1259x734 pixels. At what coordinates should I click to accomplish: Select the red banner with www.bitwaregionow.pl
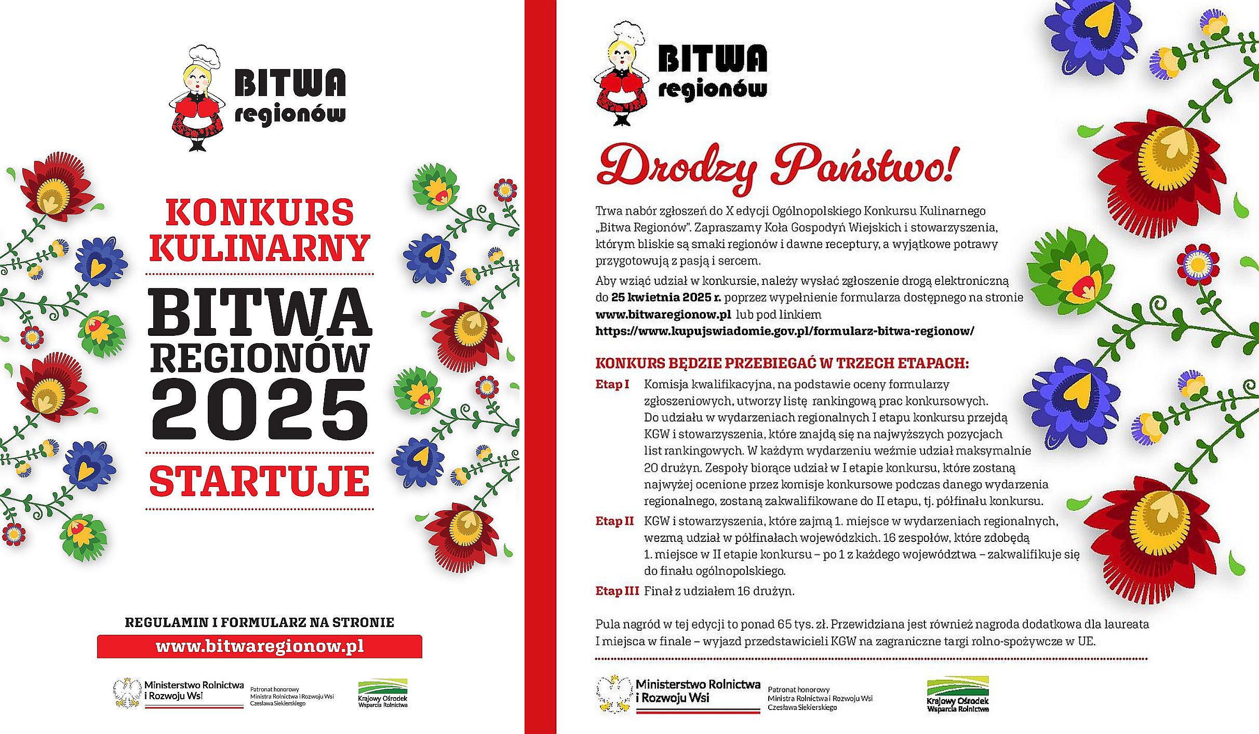[x=260, y=647]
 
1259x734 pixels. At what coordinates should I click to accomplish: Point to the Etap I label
[x=612, y=385]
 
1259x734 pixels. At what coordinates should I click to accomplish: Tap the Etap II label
[x=614, y=521]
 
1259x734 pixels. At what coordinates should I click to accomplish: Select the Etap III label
[x=617, y=591]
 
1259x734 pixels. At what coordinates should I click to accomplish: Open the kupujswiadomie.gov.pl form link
[x=784, y=331]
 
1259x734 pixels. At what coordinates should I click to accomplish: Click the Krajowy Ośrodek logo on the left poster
[x=383, y=693]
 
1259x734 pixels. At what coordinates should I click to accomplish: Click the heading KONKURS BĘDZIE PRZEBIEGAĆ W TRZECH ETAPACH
[x=782, y=363]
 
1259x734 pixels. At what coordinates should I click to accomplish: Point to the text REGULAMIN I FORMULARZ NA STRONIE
[x=260, y=622]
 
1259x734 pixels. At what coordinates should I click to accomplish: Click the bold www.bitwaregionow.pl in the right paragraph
[x=663, y=315]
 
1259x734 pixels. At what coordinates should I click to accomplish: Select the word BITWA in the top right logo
[x=712, y=59]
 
